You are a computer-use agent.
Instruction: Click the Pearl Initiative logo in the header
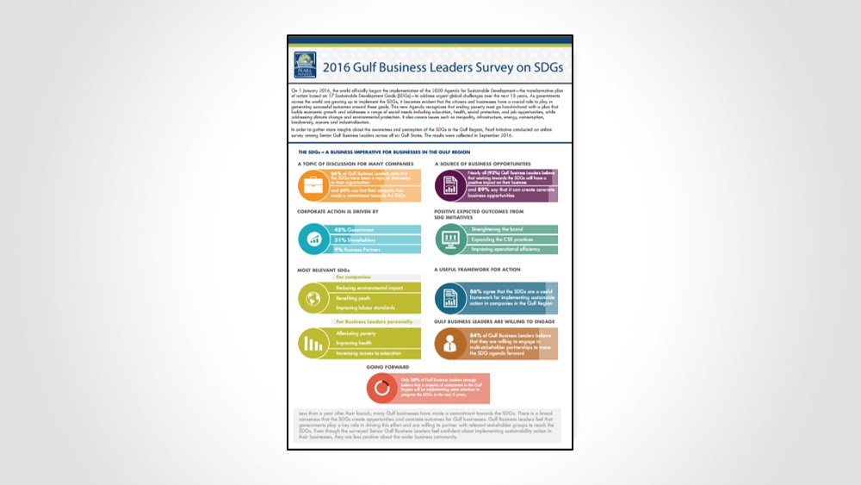tap(306, 62)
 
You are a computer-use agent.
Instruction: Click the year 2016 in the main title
tap(342, 64)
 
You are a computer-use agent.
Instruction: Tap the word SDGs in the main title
tap(536, 64)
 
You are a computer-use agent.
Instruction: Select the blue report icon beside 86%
tap(449, 298)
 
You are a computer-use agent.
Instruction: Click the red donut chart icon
tap(381, 389)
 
